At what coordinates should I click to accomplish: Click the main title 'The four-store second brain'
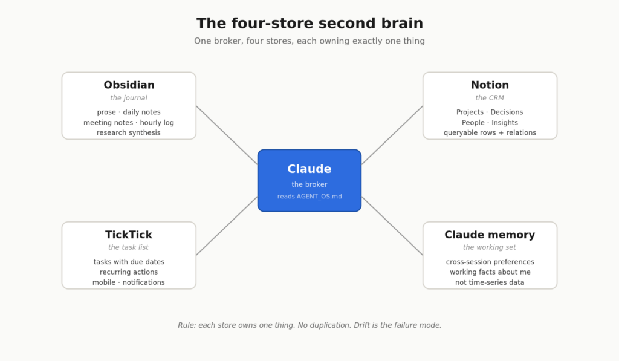click(x=309, y=24)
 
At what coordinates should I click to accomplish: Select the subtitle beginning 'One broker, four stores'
click(x=309, y=41)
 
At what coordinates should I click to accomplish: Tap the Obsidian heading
click(x=129, y=85)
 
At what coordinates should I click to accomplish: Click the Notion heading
click(x=490, y=85)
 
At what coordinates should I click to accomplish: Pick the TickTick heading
click(x=129, y=235)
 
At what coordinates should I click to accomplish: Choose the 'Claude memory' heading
click(x=490, y=235)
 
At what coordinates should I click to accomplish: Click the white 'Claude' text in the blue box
click(x=309, y=169)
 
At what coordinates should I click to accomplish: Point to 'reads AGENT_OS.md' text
click(x=309, y=197)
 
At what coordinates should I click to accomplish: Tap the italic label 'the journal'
click(x=129, y=98)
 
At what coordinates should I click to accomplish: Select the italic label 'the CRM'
click(x=490, y=98)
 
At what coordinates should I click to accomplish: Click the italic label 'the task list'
click(x=128, y=247)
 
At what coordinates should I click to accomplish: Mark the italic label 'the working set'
click(x=490, y=247)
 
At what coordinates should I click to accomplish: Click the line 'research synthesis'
click(x=129, y=132)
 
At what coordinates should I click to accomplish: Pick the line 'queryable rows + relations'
click(x=490, y=132)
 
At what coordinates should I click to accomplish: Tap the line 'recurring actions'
click(x=129, y=272)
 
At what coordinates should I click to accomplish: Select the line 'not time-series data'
click(x=490, y=282)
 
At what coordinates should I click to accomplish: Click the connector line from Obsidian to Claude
click(x=227, y=135)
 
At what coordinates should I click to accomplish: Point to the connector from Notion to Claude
click(x=392, y=135)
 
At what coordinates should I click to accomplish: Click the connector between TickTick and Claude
click(x=227, y=226)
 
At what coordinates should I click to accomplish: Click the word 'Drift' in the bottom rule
click(x=361, y=325)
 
